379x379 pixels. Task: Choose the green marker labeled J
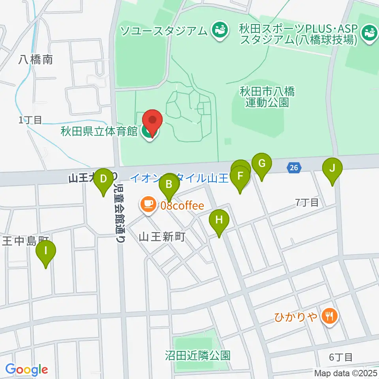(x=332, y=169)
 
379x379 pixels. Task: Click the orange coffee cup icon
(x=148, y=205)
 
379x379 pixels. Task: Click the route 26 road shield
(x=293, y=168)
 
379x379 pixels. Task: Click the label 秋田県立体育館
(x=99, y=131)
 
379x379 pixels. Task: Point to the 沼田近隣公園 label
(x=197, y=356)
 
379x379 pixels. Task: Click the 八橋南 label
(x=36, y=60)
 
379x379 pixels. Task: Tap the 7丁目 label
(x=307, y=203)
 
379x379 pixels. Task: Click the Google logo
(x=27, y=370)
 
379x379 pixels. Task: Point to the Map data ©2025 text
(x=346, y=373)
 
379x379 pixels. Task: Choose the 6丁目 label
(x=341, y=357)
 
